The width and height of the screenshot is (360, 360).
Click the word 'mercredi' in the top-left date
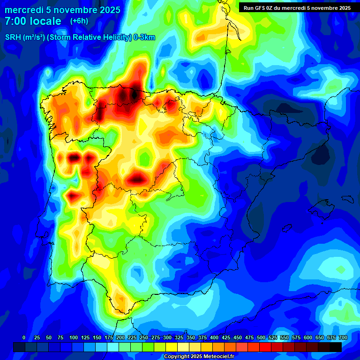click(24, 10)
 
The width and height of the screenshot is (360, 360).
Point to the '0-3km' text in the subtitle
click(144, 37)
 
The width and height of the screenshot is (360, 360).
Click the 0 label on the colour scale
click(24, 337)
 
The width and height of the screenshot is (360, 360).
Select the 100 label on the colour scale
click(73, 337)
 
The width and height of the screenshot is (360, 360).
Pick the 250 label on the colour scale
click(143, 337)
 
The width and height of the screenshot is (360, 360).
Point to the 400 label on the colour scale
click(214, 337)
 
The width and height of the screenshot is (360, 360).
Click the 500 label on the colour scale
click(261, 337)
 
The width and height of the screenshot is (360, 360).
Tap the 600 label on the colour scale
click(308, 337)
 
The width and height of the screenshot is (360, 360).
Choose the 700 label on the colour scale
click(343, 337)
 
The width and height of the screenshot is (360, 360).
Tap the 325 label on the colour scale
click(179, 337)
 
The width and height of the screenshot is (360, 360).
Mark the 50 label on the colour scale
click(49, 337)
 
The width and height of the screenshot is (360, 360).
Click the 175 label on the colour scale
click(108, 337)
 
